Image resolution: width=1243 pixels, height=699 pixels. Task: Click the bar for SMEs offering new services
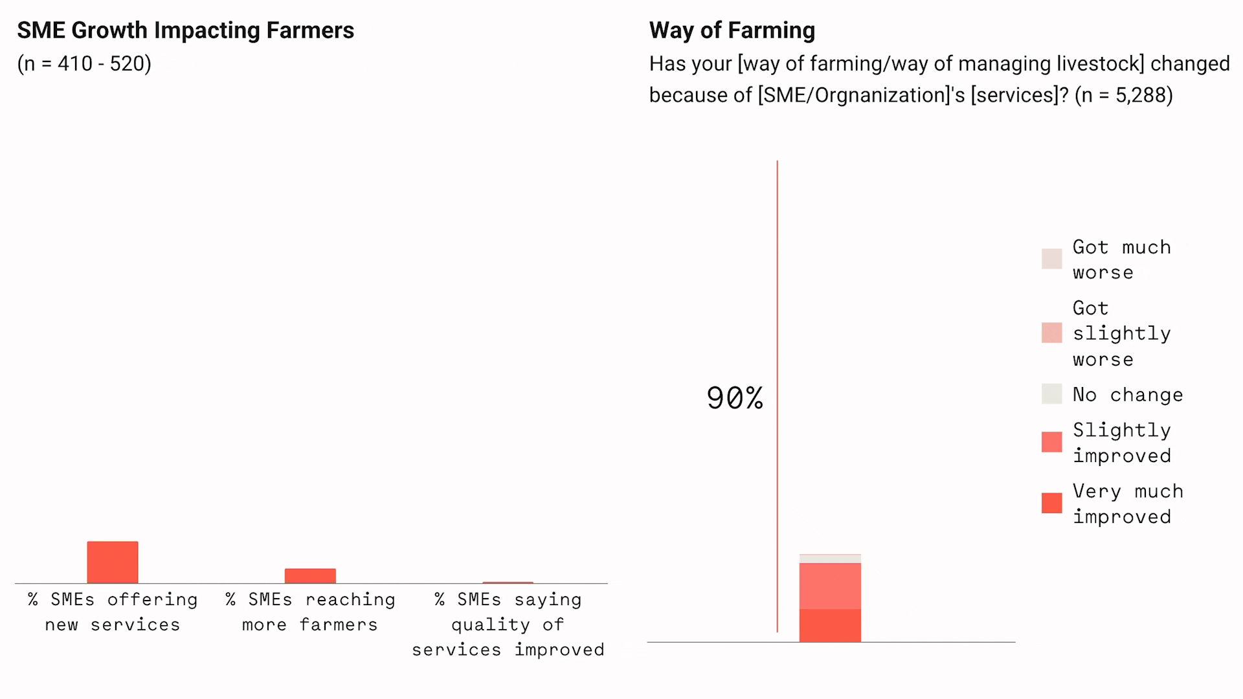(x=113, y=562)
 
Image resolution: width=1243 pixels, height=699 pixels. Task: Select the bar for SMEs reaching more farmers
(x=310, y=576)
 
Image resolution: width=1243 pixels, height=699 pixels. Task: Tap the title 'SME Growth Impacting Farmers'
(x=185, y=30)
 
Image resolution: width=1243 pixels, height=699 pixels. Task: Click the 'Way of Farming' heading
(x=732, y=30)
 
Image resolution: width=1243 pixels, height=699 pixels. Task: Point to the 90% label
(x=734, y=398)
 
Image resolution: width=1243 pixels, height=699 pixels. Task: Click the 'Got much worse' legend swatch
(x=1051, y=259)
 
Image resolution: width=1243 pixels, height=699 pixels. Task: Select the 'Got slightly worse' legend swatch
(x=1051, y=333)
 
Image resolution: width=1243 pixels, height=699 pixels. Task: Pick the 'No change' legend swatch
(x=1051, y=394)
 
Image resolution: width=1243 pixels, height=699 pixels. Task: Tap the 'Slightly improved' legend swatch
(x=1051, y=442)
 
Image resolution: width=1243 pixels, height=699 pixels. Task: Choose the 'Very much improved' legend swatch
(x=1051, y=503)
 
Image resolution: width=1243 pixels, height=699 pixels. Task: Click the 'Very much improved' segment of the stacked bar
(x=830, y=625)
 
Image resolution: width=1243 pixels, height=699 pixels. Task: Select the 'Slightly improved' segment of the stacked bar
(x=830, y=586)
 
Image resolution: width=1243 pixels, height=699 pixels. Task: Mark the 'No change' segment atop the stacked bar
(x=830, y=559)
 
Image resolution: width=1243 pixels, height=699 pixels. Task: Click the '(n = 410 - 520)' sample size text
(x=84, y=63)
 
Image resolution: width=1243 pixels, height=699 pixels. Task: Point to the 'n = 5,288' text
(x=1124, y=95)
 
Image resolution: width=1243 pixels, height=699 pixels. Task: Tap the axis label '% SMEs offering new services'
(x=113, y=612)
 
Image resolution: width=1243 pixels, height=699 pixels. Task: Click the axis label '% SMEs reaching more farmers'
(x=310, y=612)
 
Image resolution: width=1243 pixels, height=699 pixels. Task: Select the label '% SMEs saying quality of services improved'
(x=508, y=624)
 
